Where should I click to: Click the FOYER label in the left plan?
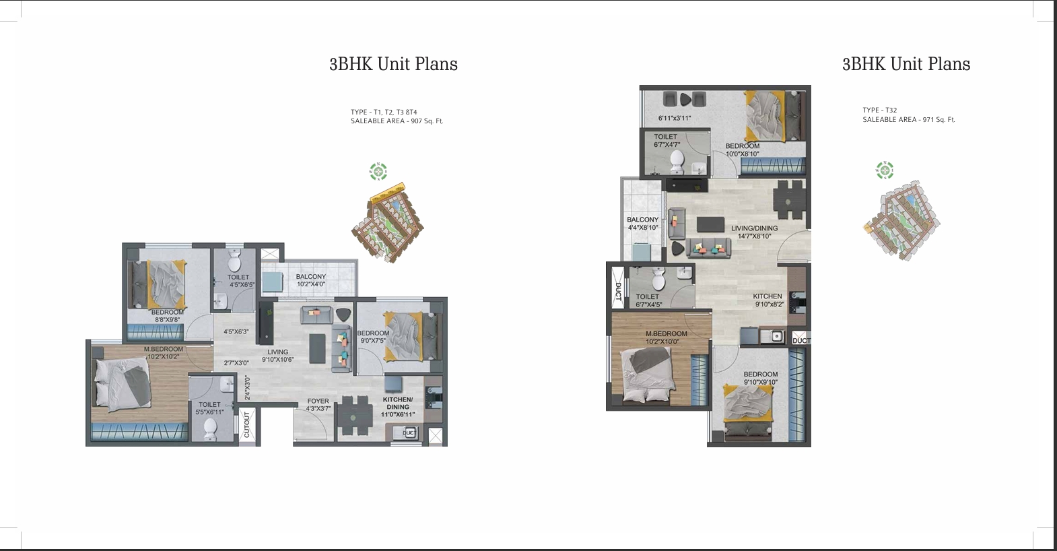318,401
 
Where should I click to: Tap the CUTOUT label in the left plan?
246,424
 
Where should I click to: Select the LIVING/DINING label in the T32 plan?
754,228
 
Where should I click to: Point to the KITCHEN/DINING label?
397,403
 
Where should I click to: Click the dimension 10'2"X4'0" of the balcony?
310,284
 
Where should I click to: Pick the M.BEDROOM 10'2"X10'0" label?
666,337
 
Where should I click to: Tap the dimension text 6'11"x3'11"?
675,119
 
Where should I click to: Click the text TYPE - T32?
879,110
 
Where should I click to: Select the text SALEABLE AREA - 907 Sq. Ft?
397,121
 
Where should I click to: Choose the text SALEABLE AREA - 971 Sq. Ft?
908,119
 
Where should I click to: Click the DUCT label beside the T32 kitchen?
801,341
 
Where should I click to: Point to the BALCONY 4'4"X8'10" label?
642,224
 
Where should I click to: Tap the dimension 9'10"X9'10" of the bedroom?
760,383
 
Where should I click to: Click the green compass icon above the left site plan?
378,172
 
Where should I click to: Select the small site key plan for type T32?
901,219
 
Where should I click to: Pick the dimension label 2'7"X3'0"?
236,363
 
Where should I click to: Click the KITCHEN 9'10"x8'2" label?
768,300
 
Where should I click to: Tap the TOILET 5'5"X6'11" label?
209,408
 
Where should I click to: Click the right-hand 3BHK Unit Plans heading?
906,64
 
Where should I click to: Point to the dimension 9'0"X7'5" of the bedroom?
372,341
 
